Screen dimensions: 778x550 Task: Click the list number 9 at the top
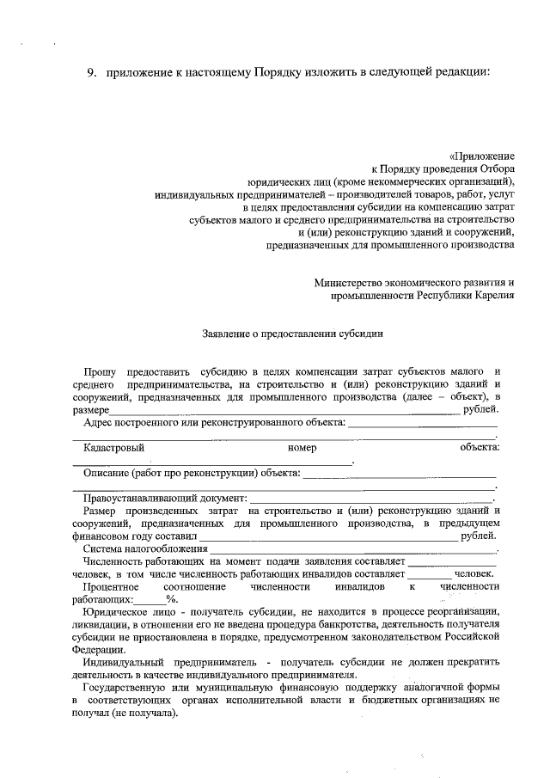coord(91,71)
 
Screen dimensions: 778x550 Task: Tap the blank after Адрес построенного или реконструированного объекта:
coord(422,423)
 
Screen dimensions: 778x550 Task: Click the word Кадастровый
coord(113,447)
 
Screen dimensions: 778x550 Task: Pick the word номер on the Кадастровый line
coord(303,447)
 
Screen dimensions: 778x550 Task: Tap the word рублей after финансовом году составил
coord(479,536)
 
